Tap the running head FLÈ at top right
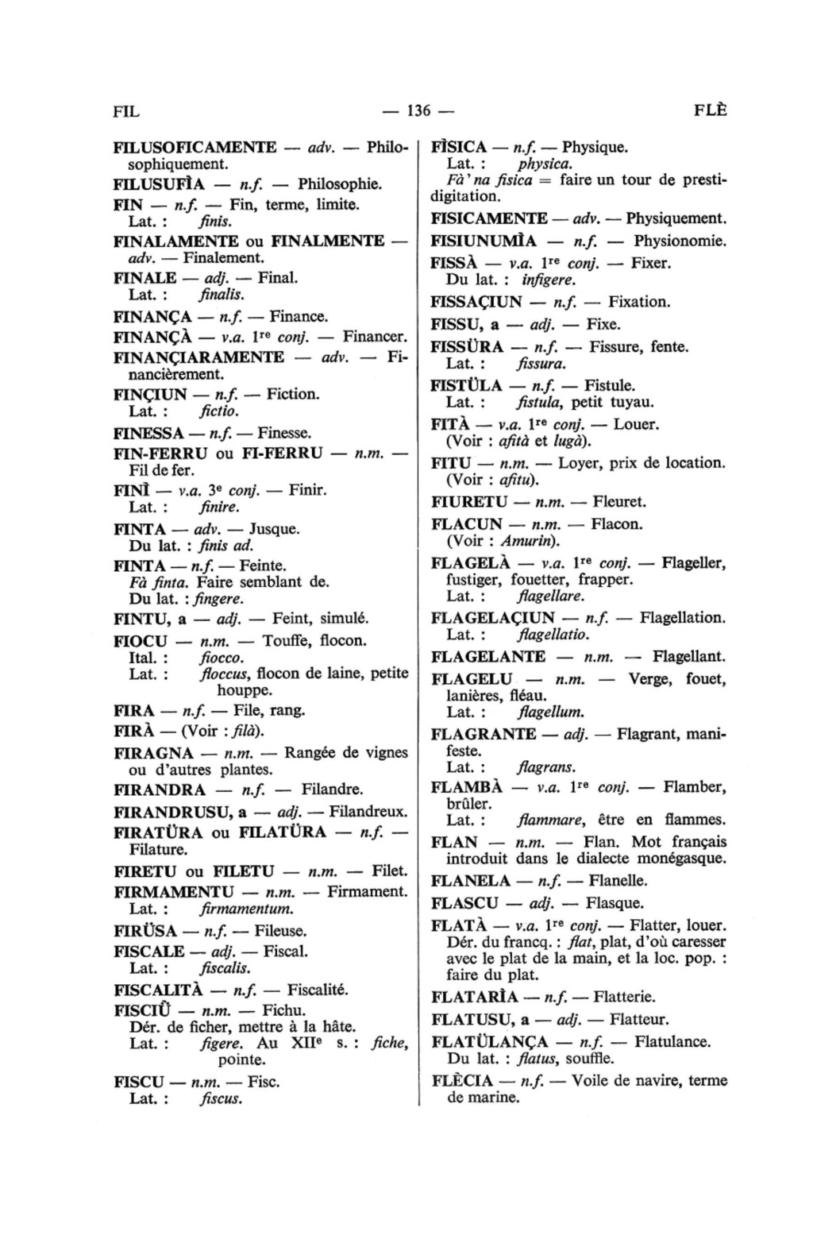coord(710,110)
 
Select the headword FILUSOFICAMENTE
coord(195,148)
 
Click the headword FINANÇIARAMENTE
coord(198,357)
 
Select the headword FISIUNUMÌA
coord(484,241)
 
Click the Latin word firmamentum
coord(247,909)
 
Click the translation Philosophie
coord(340,184)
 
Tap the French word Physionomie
coord(680,241)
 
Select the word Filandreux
coord(368,812)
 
